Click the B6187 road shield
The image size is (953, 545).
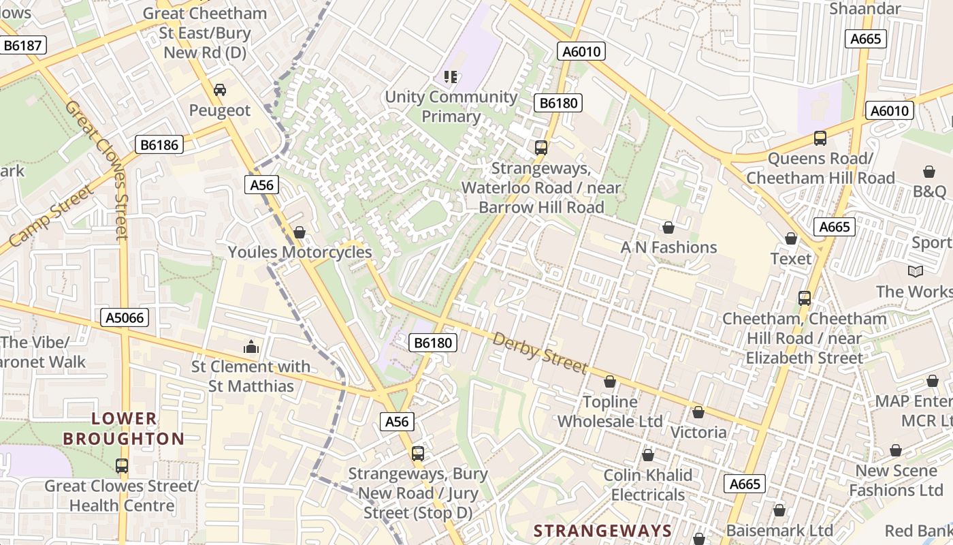coord(23,46)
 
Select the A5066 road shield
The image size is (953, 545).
coord(126,317)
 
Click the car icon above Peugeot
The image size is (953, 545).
coord(220,89)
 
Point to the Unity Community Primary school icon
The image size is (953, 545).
coord(451,76)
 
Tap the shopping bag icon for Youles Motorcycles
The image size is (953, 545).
coord(299,232)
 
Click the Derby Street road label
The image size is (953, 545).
coord(540,352)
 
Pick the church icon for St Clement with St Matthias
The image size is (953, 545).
coord(251,347)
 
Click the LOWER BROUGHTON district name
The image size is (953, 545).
coord(124,429)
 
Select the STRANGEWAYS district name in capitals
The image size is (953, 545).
coord(602,531)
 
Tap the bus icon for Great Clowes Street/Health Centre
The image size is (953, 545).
coord(122,466)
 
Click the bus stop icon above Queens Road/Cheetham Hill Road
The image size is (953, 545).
coord(820,138)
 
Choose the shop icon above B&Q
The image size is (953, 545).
coord(929,171)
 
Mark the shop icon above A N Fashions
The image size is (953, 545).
coord(668,227)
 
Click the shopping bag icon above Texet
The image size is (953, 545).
coord(791,238)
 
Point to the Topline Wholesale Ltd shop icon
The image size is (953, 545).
coord(610,381)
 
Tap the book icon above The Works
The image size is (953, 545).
coord(916,271)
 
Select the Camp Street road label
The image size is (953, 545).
coord(51,216)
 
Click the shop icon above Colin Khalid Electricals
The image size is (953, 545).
coord(648,454)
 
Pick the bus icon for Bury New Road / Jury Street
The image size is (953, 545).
coord(418,453)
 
